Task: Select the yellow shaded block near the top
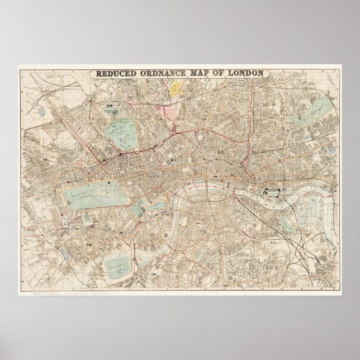(x=178, y=87)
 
